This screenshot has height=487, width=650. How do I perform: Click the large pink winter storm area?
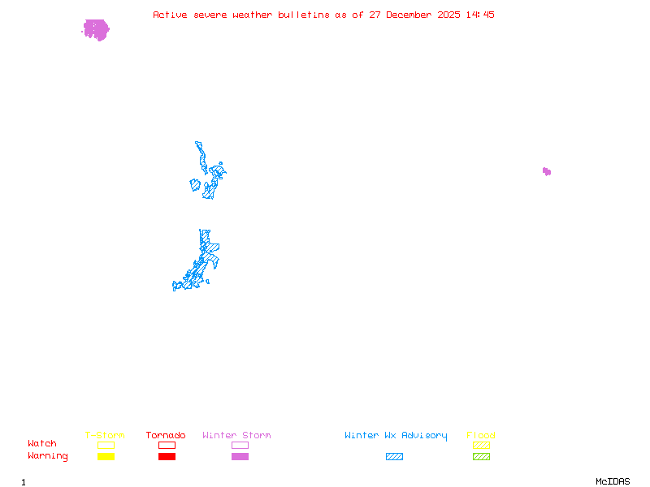tap(96, 30)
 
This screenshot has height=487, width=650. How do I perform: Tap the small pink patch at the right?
tap(547, 171)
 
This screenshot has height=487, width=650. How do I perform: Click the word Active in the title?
tap(170, 15)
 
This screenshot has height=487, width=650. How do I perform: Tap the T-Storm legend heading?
tap(105, 435)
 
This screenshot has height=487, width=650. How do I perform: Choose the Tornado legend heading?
tap(166, 435)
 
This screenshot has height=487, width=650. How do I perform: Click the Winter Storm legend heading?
tap(236, 435)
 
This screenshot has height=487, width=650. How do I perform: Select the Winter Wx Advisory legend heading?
tap(396, 435)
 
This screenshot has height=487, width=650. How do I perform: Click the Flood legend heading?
tap(481, 435)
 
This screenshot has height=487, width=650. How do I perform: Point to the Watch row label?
tap(42, 444)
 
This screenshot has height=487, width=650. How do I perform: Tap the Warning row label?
tap(48, 456)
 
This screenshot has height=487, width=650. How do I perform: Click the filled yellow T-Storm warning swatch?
tap(106, 456)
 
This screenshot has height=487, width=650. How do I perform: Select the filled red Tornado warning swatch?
tap(167, 456)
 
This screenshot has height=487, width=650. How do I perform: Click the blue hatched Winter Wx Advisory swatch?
tap(394, 456)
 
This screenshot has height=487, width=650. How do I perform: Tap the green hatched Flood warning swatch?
tap(481, 456)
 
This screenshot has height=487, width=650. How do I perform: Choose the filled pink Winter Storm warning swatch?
tap(240, 456)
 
